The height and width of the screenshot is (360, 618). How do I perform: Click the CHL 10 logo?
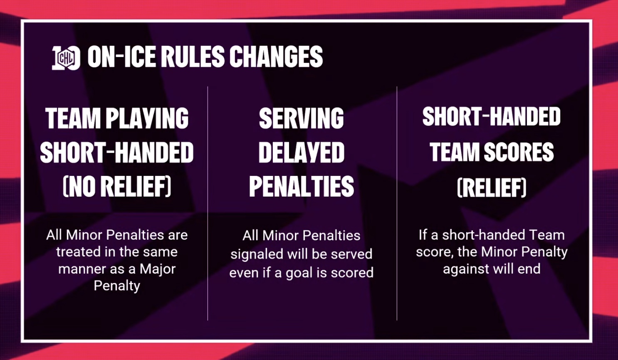(66, 58)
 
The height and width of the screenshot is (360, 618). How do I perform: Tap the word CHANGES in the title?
(276, 57)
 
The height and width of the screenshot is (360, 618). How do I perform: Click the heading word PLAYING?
(147, 118)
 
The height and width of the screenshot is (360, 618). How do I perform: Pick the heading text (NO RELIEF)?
(117, 186)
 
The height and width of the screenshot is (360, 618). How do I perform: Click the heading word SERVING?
(301, 118)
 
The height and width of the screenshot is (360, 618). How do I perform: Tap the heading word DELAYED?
(301, 153)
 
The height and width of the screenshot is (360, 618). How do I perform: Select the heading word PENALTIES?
(301, 186)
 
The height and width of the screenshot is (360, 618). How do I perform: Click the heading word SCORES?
(519, 152)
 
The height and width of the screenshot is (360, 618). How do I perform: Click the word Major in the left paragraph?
(158, 269)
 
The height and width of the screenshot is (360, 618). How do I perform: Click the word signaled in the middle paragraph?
(257, 254)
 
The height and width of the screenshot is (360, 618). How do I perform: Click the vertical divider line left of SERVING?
(208, 203)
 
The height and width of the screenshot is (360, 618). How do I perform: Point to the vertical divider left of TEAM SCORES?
(397, 203)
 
